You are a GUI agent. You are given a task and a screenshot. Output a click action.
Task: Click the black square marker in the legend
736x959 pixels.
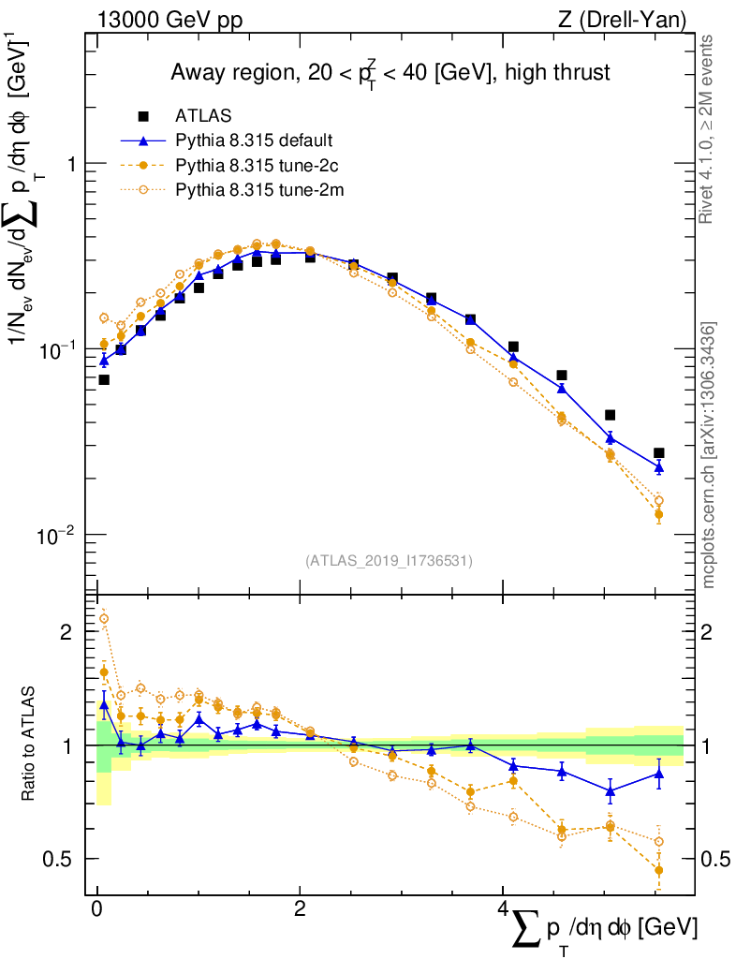pyautogui.click(x=143, y=116)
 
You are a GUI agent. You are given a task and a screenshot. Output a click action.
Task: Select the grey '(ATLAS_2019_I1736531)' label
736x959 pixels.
pyautogui.click(x=389, y=561)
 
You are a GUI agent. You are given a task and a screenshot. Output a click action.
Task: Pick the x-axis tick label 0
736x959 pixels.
pyautogui.click(x=96, y=909)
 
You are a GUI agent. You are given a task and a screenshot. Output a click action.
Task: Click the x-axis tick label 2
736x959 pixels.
pyautogui.click(x=300, y=909)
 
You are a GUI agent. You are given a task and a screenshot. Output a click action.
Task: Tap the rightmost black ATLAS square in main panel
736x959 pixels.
pyautogui.click(x=658, y=453)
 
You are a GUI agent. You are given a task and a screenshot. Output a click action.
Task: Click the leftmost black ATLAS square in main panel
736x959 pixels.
pyautogui.click(x=104, y=379)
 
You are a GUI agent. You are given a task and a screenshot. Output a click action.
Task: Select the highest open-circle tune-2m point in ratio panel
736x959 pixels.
pyautogui.click(x=104, y=618)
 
